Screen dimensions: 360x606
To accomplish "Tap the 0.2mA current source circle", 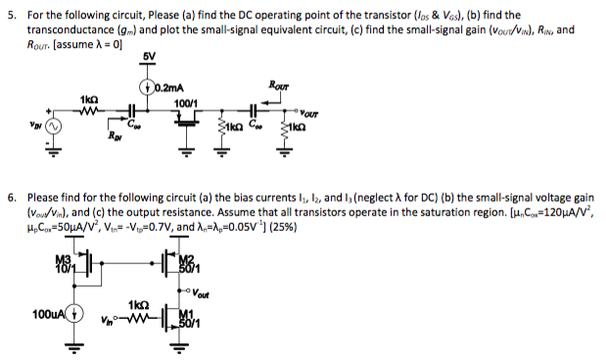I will [147, 93].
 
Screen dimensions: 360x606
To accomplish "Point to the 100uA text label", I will [45, 315].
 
